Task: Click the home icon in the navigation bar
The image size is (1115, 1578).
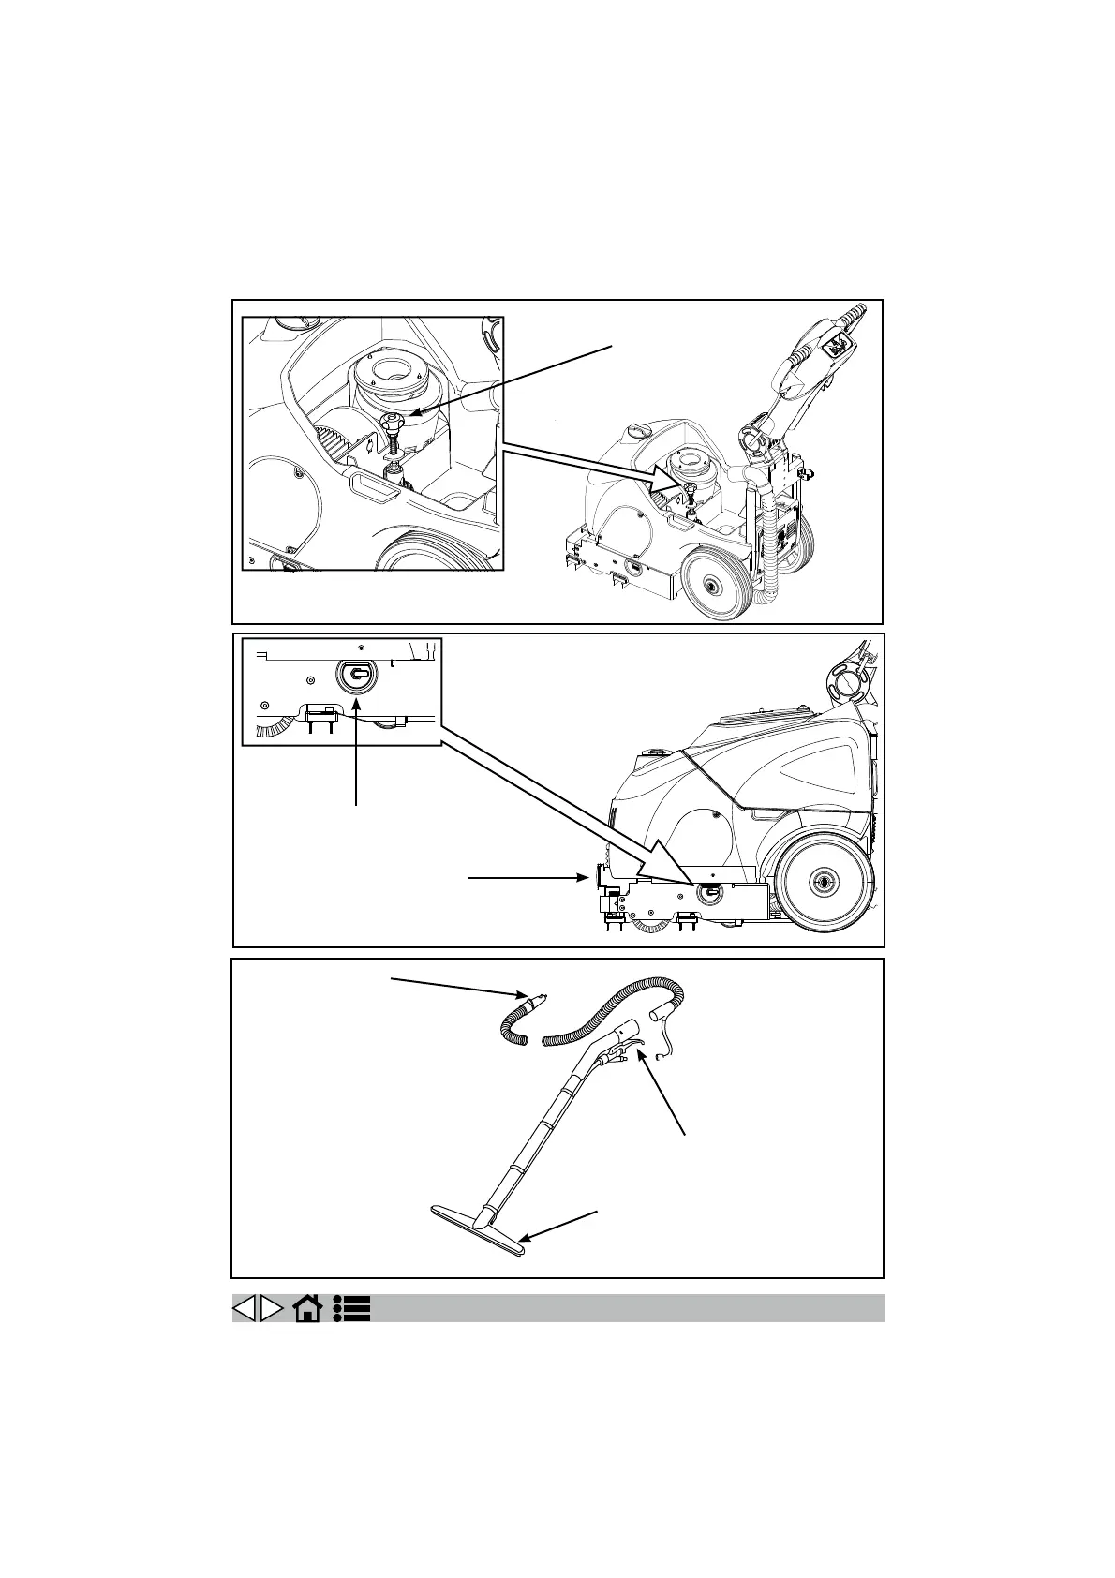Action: tap(307, 1308)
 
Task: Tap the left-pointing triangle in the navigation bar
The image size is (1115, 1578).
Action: tap(244, 1308)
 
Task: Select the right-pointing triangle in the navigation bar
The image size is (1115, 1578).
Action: tap(272, 1308)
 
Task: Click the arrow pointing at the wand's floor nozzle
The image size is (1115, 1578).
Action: tap(560, 1227)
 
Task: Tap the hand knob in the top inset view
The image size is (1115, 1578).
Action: tap(391, 427)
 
